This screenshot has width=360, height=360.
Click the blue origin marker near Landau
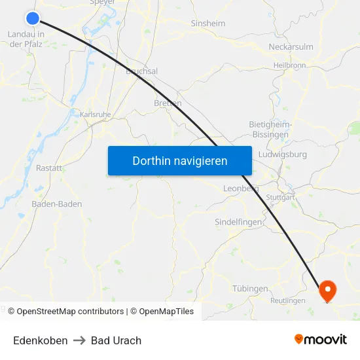pos(33,19)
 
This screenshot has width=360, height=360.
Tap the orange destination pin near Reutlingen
pos(327,290)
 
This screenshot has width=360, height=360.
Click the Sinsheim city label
pos(207,24)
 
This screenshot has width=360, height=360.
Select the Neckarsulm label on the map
pos(291,47)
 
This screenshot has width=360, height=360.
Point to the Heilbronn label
pos(290,65)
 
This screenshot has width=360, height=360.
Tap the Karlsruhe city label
pos(96,115)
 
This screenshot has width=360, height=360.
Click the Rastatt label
pos(49,168)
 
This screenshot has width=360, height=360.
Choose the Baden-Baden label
pos(57,204)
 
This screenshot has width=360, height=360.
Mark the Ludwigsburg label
pos(283,155)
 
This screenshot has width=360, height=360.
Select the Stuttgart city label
pos(281,197)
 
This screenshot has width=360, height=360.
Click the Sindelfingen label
pos(239,223)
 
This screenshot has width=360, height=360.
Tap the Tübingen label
pos(250,289)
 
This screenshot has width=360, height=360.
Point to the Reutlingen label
pos(287,301)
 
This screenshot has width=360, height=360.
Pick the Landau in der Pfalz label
pos(26,39)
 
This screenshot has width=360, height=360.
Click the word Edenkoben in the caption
pos(40,340)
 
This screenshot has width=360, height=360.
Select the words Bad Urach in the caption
pos(116,340)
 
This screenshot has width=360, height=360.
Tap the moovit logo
pos(321,339)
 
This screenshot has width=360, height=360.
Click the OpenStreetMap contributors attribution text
pos(70,312)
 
